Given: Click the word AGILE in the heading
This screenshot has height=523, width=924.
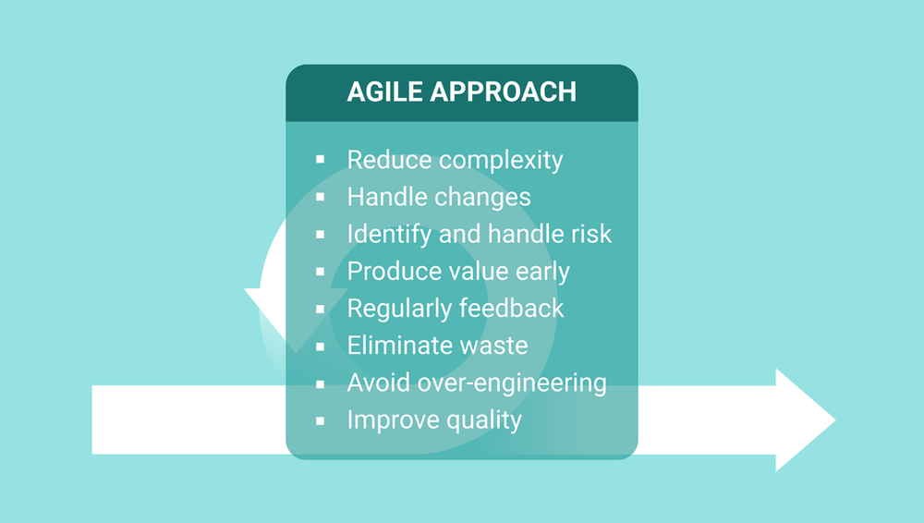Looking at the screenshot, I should pyautogui.click(x=384, y=92).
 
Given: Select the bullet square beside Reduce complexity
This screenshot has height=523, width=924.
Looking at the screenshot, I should pyautogui.click(x=320, y=160).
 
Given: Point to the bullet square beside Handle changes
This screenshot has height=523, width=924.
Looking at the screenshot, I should pyautogui.click(x=320, y=197).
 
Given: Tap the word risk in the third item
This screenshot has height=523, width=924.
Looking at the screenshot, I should pyautogui.click(x=589, y=234).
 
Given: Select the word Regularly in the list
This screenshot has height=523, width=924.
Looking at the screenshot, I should pyautogui.click(x=400, y=309).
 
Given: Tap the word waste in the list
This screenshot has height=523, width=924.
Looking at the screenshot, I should pyautogui.click(x=493, y=346).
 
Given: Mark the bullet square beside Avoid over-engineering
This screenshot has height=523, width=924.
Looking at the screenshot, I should pyautogui.click(x=320, y=383).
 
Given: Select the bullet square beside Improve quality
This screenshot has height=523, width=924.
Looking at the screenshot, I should pyautogui.click(x=320, y=420).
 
